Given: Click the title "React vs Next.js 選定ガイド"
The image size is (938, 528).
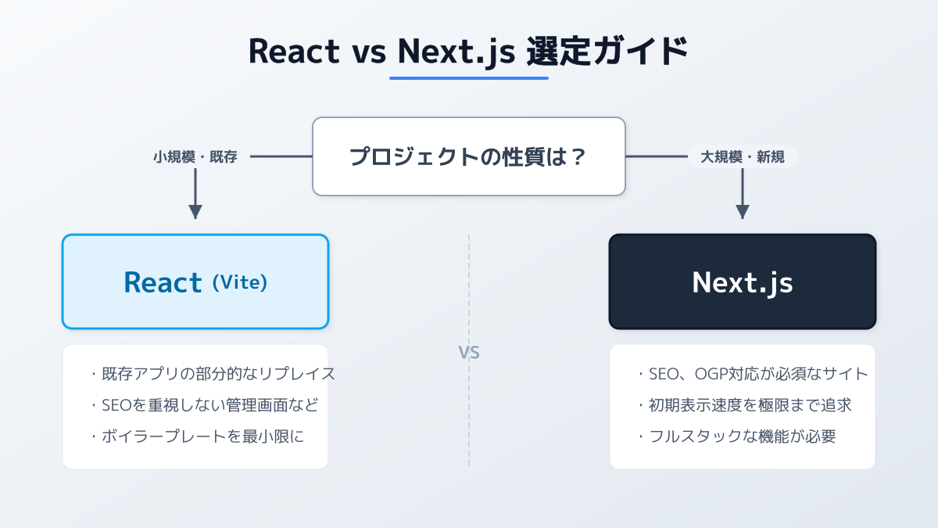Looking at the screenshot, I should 468,51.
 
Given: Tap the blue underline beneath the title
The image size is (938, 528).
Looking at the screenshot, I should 469,77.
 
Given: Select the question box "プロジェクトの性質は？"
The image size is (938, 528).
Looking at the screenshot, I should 469,156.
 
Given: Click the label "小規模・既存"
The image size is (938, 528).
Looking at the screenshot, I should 195,156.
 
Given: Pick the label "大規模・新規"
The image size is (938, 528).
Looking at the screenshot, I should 743,156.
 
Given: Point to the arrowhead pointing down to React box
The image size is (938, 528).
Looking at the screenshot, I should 195,211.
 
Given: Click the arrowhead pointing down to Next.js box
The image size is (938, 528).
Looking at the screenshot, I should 743,211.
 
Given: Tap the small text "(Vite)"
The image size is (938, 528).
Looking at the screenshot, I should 240,282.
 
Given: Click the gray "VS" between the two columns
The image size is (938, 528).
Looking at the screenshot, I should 469,353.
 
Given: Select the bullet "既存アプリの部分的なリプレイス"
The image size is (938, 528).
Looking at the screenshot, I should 213,374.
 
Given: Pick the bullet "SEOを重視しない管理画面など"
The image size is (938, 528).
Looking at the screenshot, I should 205,405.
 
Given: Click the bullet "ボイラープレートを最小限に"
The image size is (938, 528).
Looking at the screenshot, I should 197,436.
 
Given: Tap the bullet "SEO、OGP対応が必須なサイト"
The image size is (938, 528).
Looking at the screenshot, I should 753,374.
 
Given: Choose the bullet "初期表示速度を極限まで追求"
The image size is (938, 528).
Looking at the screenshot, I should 744,405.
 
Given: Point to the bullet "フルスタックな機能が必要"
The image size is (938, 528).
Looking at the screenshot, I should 736,436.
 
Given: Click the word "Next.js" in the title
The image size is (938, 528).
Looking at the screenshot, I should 456,52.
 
